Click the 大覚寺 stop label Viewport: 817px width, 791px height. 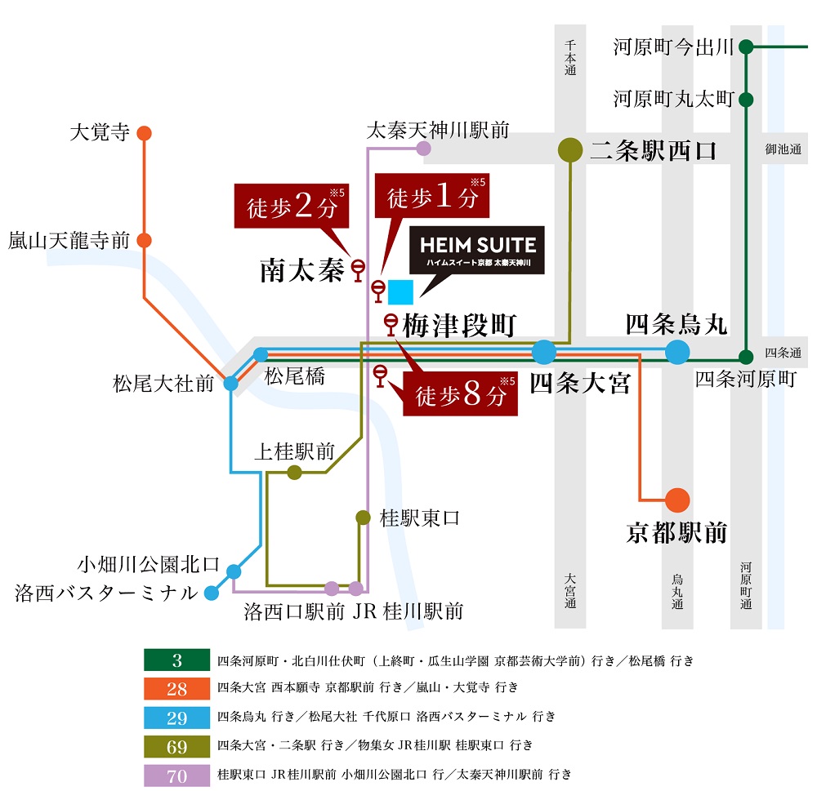(100, 132)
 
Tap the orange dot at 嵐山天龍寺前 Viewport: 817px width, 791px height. (145, 241)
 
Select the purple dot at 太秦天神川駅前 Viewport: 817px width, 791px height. (423, 148)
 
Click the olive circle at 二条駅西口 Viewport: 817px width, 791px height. (569, 149)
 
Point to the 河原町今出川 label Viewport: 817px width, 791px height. (673, 47)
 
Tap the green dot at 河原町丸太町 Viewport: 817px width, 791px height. (746, 100)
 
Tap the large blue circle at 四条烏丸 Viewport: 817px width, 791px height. (676, 353)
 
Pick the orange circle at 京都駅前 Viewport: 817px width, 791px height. (677, 500)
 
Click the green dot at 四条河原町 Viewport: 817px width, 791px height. (746, 357)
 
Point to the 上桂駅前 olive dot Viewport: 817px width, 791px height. (294, 473)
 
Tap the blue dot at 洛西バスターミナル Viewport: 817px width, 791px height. (212, 593)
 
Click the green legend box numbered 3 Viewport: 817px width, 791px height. (176, 660)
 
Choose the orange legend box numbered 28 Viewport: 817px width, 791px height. (176, 689)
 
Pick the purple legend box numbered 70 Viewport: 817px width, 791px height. (176, 776)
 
